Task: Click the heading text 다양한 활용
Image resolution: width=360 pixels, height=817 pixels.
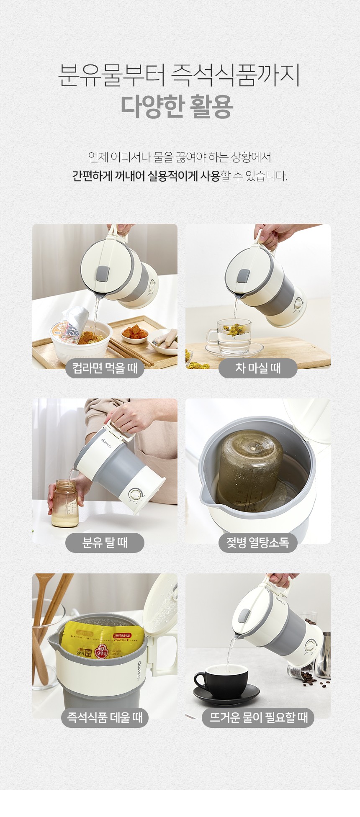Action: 177,107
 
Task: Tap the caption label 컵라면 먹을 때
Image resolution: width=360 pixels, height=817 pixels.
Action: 105,368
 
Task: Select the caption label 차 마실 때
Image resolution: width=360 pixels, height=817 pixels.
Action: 258,368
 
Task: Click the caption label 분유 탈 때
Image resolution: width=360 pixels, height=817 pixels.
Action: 105,543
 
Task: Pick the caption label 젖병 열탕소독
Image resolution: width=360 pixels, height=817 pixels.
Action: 258,543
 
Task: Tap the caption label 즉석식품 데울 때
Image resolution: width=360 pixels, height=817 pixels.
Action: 105,717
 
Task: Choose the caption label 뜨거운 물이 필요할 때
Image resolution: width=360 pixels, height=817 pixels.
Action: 258,717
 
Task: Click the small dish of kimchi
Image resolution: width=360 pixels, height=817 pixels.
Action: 135,333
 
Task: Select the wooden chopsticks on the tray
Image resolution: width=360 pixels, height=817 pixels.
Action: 130,352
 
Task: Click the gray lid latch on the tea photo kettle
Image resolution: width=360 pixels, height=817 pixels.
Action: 243,276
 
